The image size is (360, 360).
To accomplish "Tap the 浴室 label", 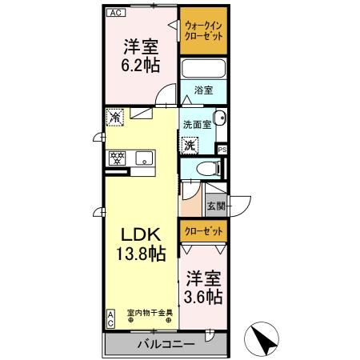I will pyautogui.click(x=204, y=90).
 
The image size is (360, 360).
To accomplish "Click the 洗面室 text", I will pyautogui.click(x=196, y=125).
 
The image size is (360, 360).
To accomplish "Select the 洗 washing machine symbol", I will pyautogui.click(x=190, y=146).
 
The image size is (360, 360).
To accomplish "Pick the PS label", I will pyautogui.click(x=223, y=149).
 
